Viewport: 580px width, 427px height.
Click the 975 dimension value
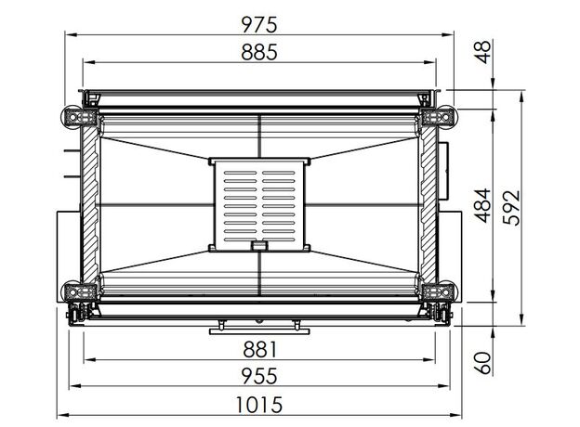click(259, 25)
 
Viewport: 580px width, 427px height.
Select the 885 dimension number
click(259, 52)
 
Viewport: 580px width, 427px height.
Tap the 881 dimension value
click(259, 349)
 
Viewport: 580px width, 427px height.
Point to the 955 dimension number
click(259, 376)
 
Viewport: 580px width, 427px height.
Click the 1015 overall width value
click(259, 405)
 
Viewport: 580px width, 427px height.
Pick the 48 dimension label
click(483, 52)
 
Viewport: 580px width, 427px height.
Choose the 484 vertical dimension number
click(483, 205)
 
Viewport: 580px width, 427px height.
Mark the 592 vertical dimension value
click(512, 207)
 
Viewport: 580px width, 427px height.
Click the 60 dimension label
click(483, 363)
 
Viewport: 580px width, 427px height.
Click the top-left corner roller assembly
click(79, 117)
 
